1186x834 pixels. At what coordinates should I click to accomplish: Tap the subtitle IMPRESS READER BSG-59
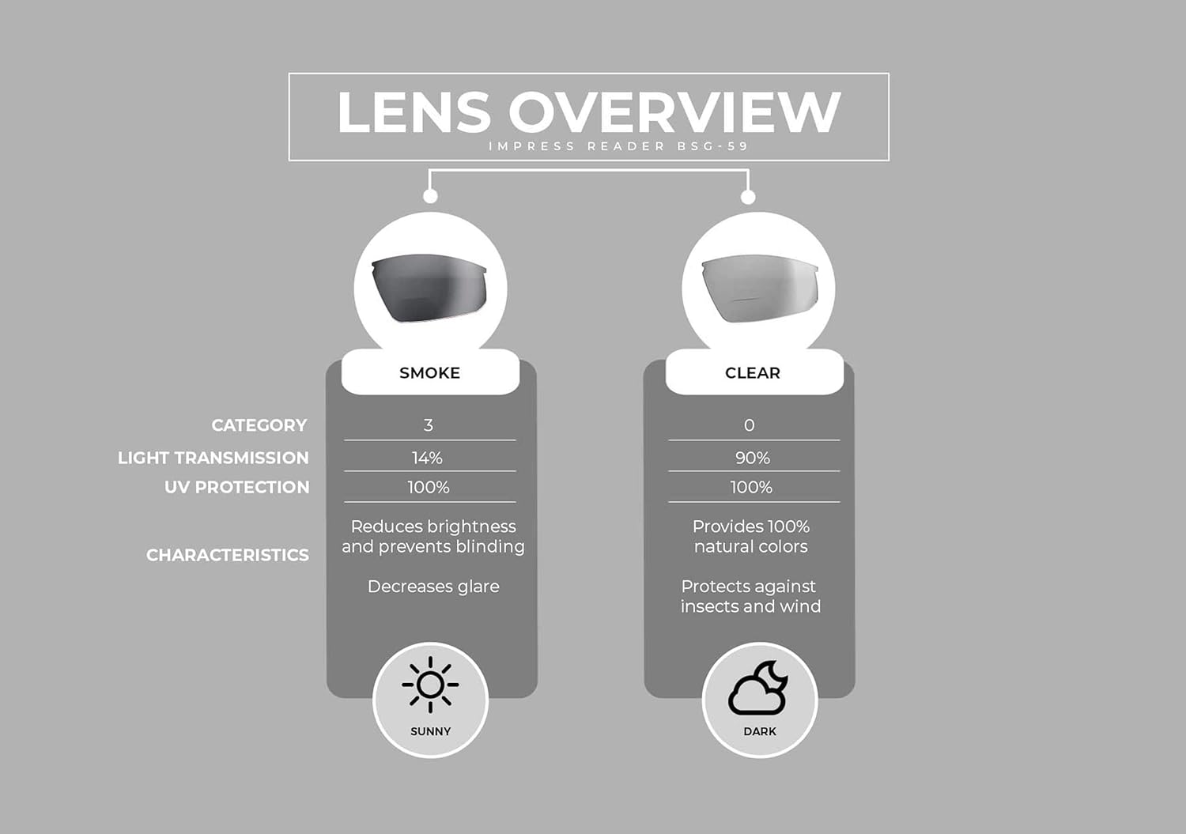pos(618,146)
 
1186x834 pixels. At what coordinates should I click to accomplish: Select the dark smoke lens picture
pos(429,288)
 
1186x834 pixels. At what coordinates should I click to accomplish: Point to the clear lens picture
pos(760,289)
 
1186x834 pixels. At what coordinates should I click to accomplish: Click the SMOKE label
pos(429,373)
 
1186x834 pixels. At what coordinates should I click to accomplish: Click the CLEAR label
pos(753,373)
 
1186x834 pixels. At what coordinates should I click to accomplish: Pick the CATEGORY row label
pos(259,425)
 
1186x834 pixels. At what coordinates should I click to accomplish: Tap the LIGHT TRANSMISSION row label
pos(213,458)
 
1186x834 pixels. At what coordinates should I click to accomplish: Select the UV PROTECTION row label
pos(236,487)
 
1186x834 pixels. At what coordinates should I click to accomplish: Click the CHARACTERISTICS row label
pos(227,555)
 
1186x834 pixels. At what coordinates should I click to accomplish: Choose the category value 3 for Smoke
pos(429,425)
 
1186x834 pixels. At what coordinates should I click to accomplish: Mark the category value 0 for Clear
pos(750,425)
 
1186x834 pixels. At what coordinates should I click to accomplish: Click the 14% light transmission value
pos(427,458)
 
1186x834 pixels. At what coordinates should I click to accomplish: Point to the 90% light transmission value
pos(753,458)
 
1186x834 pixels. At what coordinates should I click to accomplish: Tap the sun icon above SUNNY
pos(430,685)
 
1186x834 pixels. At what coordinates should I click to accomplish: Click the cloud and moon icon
pos(758,687)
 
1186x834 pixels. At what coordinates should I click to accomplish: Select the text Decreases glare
pos(433,587)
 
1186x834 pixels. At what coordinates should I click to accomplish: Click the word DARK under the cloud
pos(760,731)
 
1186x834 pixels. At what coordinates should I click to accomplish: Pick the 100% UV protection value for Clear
pos(751,487)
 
